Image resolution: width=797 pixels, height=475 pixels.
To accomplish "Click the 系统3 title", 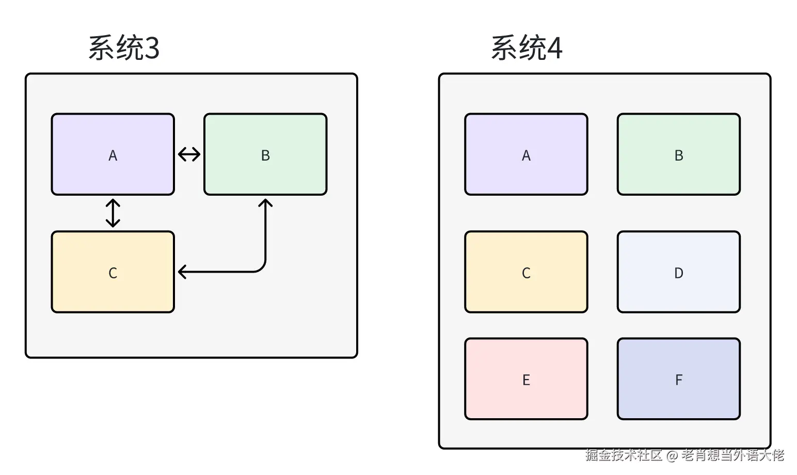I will tap(124, 48).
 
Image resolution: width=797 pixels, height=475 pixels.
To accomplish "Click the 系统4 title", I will tap(527, 48).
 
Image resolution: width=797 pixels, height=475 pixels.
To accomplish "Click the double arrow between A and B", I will tap(189, 154).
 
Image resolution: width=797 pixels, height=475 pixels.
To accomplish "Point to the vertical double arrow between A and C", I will tap(113, 213).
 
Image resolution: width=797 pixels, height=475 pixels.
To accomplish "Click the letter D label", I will tap(678, 273).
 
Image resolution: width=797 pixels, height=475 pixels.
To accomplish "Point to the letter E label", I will tap(526, 380).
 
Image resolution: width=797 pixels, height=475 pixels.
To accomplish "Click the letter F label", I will tap(678, 380).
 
